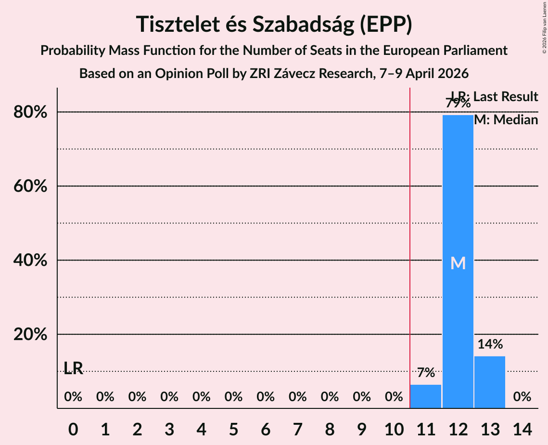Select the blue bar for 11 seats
(426, 396)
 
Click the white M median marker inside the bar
(458, 263)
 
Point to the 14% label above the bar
(490, 344)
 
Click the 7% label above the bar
(426, 372)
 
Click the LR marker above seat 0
(73, 368)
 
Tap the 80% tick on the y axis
(30, 112)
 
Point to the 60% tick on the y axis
(30, 186)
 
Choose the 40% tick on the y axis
(30, 261)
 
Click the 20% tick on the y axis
(30, 335)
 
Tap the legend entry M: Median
(506, 120)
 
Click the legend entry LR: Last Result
(494, 97)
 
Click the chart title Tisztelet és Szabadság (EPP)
(274, 24)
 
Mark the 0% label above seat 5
(233, 397)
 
